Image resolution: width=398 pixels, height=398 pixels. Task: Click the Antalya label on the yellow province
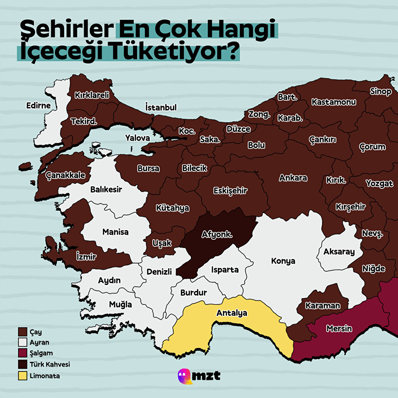coord(232,313)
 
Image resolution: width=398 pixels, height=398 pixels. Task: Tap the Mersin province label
coord(339,328)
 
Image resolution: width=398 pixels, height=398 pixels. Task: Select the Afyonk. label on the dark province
coord(217,235)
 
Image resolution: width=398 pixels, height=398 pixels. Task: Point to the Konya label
coord(283,261)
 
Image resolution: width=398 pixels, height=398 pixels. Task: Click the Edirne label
coord(38,105)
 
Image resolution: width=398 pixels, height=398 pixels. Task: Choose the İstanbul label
coord(161,107)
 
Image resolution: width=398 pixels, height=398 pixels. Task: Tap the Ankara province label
coord(293,178)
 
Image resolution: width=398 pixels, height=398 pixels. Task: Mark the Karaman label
coord(322,305)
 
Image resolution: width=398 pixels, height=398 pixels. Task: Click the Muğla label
coord(120,304)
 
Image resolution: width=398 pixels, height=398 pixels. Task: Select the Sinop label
coord(381,92)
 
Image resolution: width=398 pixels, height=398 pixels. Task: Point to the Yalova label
coord(137,138)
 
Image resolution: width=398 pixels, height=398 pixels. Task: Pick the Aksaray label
coord(339,252)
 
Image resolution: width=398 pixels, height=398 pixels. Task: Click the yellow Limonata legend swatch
coord(23,376)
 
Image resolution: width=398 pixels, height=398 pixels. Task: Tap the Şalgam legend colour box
coord(23,353)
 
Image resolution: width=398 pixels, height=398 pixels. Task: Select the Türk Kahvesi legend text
coord(50,364)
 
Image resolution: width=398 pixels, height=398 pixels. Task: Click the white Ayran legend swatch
coord(23,342)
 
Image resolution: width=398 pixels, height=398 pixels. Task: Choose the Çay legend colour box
coord(23,332)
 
